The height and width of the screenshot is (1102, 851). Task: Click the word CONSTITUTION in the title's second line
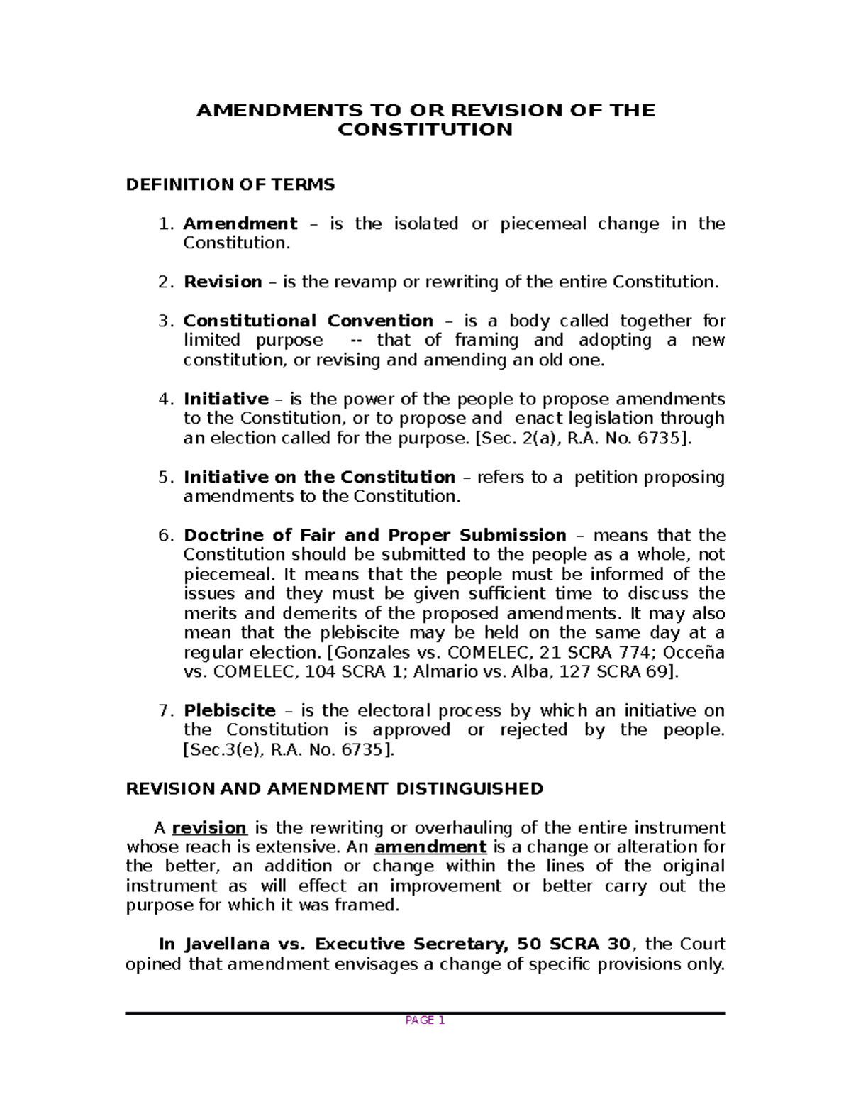(425, 130)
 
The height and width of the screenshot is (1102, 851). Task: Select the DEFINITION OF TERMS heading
(230, 185)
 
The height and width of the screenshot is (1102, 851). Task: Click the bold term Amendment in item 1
(240, 224)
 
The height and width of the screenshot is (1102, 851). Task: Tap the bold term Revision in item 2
(223, 282)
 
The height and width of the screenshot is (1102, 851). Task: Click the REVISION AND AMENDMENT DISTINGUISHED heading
(334, 789)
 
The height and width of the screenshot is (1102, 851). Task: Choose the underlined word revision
(209, 828)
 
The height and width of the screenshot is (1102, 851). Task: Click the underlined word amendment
(430, 847)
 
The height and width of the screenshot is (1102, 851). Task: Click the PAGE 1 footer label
(425, 1021)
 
